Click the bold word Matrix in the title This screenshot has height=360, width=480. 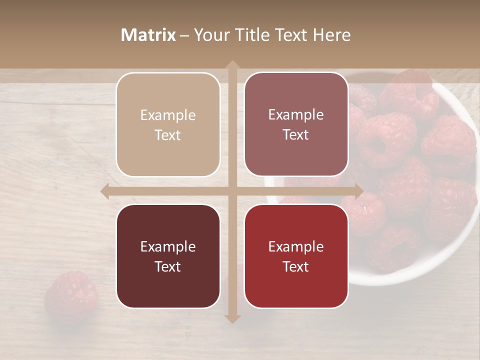coord(148,35)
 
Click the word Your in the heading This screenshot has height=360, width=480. coord(212,35)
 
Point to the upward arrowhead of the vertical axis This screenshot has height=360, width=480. coord(232,65)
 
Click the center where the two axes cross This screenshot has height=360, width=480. coord(232,191)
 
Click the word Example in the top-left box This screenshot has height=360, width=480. coord(168,115)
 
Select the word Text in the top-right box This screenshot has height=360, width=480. coord(296,135)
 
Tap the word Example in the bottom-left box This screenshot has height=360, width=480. coord(168,247)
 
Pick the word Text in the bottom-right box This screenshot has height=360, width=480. coord(296,267)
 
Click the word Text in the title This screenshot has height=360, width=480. coord(293,35)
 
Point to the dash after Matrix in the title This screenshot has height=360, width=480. coord(184,35)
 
